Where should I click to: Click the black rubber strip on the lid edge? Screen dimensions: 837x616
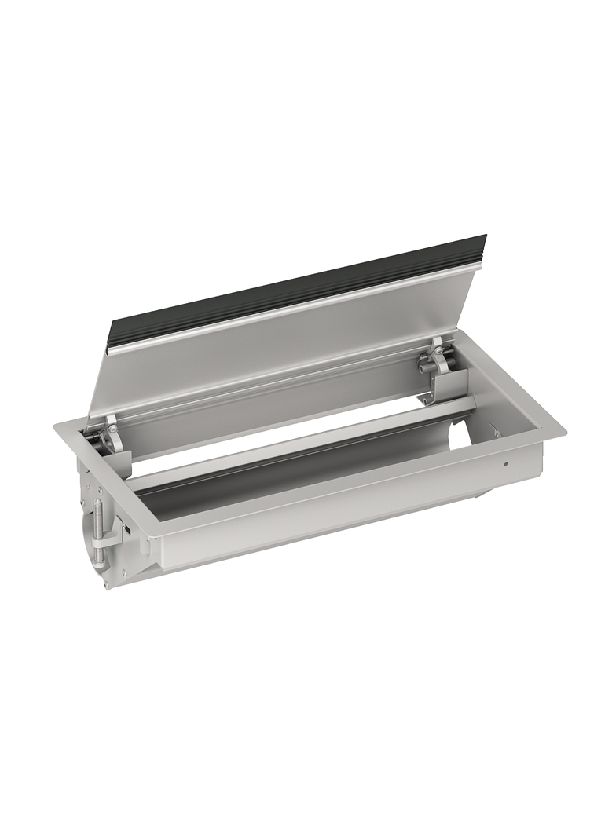pyautogui.click(x=299, y=287)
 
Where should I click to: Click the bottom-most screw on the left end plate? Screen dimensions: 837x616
pyautogui.click(x=107, y=583)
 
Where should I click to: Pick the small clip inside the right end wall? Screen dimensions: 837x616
pyautogui.click(x=495, y=430)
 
